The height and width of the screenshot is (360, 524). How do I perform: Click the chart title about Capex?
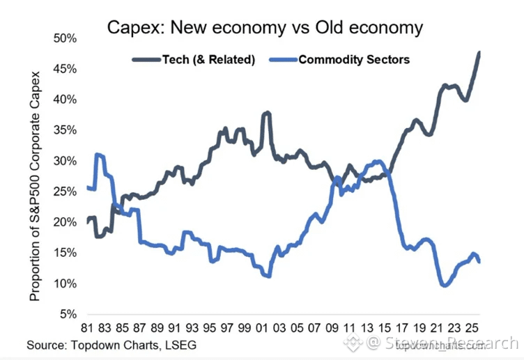click(264, 28)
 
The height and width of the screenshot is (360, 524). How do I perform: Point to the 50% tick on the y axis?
click(65, 38)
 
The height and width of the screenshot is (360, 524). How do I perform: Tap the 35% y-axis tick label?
click(65, 130)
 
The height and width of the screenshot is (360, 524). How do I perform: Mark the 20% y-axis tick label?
click(65, 223)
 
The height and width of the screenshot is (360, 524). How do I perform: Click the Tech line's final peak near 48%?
click(479, 53)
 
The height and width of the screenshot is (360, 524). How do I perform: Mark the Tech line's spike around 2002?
click(266, 112)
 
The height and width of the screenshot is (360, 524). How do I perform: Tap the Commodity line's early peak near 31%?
click(98, 155)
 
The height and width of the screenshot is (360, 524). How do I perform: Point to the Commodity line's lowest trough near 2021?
click(443, 285)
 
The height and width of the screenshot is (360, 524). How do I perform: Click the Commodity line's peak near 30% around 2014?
click(377, 161)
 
